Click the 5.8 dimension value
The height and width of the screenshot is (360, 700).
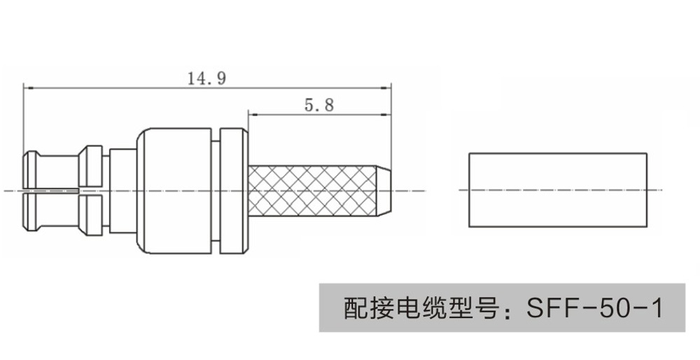coord(319,105)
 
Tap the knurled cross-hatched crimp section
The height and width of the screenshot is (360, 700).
coord(311,191)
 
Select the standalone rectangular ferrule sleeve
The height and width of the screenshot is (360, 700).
coord(557,189)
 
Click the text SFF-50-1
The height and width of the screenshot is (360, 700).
coord(594,307)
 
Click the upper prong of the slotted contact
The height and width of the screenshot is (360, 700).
coord(50,170)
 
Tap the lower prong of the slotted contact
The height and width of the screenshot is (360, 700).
coord(50,212)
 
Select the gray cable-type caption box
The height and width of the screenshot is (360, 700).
coord(501,307)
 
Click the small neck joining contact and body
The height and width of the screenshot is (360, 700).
coord(122,191)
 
